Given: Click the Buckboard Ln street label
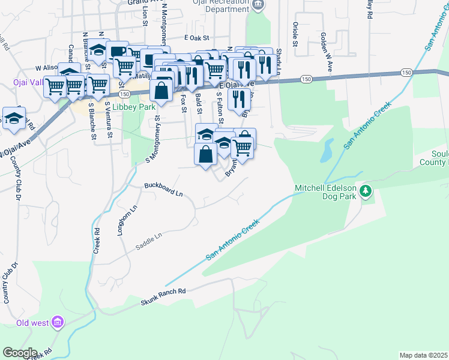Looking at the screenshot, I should click(163, 190).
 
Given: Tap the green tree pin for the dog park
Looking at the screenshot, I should click(366, 192).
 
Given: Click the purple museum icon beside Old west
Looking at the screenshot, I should click(58, 323).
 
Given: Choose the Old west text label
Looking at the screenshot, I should click(32, 323).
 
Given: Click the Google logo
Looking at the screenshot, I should click(19, 353).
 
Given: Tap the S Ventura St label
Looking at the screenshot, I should click(109, 119).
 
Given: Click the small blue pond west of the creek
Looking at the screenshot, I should click(327, 151).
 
